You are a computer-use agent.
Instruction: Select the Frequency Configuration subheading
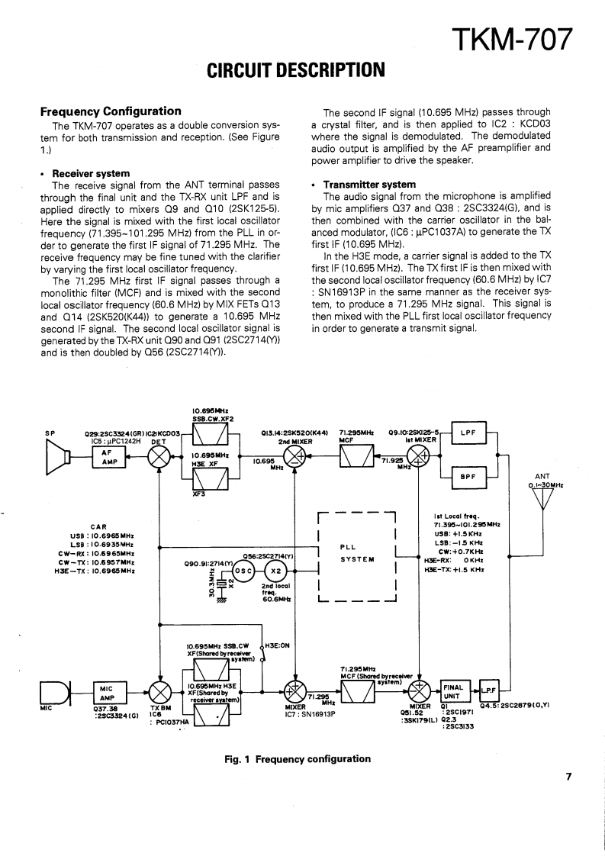click(x=111, y=111)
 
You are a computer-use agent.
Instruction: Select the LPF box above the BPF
click(x=468, y=433)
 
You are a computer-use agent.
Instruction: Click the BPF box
click(x=468, y=476)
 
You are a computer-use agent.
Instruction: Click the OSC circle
click(x=244, y=570)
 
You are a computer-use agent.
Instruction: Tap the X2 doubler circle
click(x=276, y=570)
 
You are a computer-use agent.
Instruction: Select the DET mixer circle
click(x=160, y=456)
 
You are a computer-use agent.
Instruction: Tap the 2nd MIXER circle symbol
click(x=294, y=456)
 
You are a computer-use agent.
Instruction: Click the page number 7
click(x=568, y=777)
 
